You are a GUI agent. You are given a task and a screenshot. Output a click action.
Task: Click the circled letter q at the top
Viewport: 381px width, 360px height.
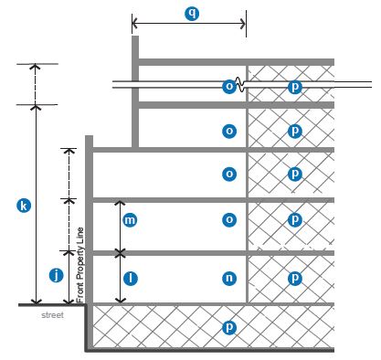click(192, 14)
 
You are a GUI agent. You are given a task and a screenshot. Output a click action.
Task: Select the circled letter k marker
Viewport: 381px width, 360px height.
click(24, 206)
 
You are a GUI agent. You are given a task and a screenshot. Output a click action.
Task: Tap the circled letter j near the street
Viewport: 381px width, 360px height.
click(57, 276)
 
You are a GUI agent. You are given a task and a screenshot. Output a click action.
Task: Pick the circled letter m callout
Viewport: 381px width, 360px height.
click(130, 219)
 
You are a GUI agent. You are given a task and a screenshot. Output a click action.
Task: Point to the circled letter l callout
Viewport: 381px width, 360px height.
click(131, 279)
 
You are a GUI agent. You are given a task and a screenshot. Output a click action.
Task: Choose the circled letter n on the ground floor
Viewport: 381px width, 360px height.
click(229, 278)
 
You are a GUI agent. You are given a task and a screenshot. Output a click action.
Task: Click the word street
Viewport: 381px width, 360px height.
click(52, 315)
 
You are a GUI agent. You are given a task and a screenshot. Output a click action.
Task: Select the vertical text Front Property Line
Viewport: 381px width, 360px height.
click(80, 265)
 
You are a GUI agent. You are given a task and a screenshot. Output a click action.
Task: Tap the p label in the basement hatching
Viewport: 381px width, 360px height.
click(229, 327)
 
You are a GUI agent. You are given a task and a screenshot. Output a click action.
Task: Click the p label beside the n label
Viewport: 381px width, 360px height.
click(295, 278)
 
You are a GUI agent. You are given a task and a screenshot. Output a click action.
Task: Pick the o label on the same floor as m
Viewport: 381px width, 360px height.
click(229, 219)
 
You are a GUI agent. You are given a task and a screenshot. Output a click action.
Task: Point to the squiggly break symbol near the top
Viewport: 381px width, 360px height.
click(239, 85)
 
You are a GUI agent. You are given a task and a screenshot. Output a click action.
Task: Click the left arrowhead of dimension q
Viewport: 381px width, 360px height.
click(134, 24)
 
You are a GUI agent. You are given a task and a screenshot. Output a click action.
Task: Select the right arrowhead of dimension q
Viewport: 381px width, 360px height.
click(243, 24)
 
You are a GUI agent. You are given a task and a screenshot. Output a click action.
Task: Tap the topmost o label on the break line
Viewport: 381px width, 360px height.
click(229, 87)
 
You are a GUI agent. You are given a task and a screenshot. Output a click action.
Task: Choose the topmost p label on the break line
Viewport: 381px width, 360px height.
click(295, 87)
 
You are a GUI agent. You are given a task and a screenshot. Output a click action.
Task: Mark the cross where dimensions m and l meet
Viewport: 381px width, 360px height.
click(121, 253)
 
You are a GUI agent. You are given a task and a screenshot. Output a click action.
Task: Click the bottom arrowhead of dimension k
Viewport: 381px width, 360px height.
click(37, 302)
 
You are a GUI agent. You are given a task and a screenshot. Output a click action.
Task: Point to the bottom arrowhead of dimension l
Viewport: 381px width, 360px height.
click(121, 301)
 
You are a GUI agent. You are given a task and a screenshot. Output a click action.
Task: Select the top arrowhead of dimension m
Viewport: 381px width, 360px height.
click(121, 203)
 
